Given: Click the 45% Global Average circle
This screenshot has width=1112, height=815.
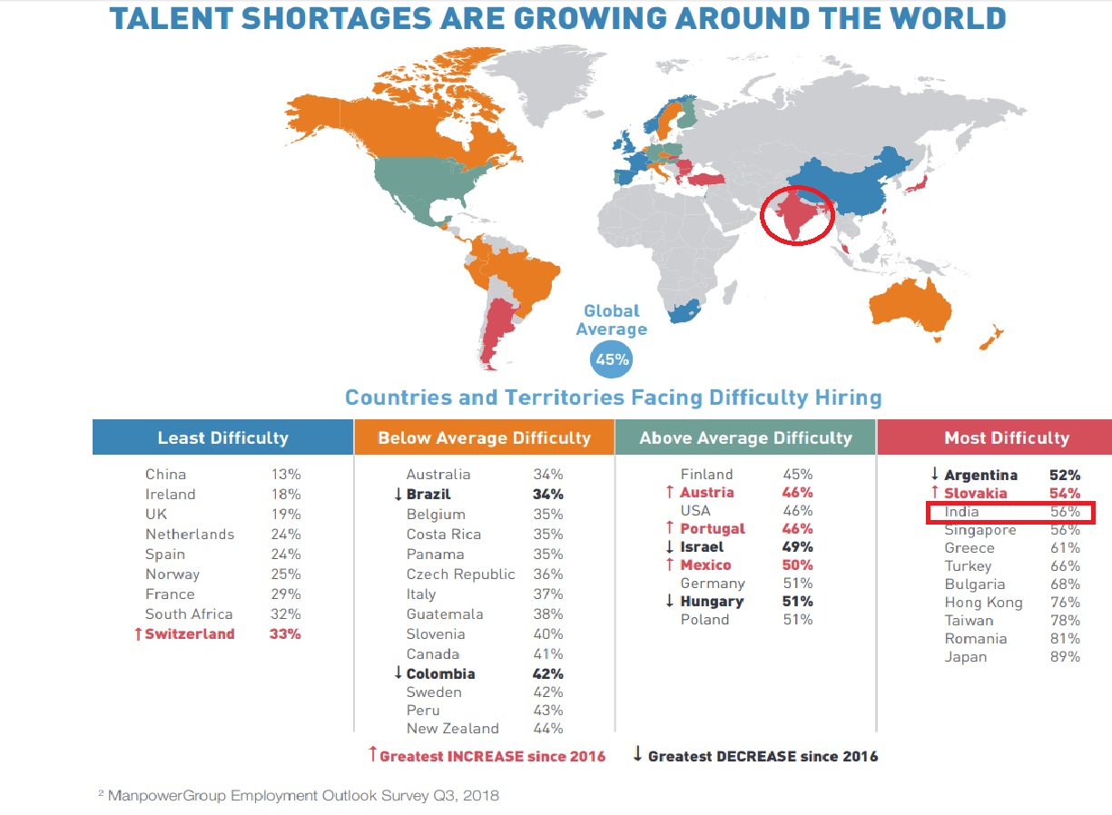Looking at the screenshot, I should pos(612,359).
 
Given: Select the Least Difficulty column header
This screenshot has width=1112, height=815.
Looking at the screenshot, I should pos(222,437).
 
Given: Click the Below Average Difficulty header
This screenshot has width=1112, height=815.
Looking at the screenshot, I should pos(484,437).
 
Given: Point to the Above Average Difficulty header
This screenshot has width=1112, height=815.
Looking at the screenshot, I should pos(745,437).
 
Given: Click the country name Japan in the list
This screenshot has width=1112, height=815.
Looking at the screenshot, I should pos(965,656).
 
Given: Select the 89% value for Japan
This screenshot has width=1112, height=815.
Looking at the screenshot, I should pos(1065,656).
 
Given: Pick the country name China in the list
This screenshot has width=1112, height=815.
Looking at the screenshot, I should pos(165,474).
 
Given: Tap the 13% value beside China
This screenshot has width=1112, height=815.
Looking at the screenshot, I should pos(286,474).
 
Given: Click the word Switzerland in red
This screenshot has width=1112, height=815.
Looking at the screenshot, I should pos(190,633).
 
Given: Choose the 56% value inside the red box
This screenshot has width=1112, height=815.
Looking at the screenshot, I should pos(1065,512).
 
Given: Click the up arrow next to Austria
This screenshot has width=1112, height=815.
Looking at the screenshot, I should pos(670,492).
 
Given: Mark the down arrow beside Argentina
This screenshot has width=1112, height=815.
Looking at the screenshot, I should pos(934,474).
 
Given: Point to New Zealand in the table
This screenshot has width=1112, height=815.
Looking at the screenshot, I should pos(452,728).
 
